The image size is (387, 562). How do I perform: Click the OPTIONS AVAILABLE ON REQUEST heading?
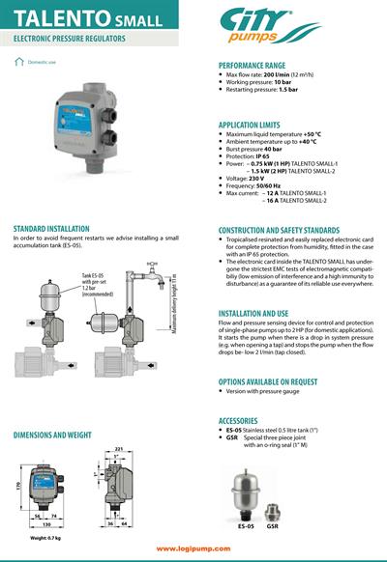coord(280,381)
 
